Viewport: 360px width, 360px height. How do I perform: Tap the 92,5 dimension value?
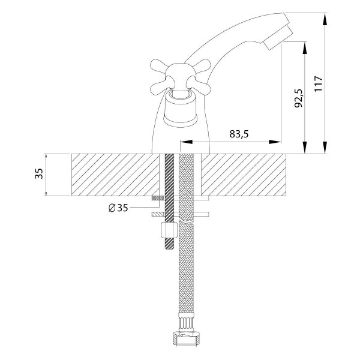298,98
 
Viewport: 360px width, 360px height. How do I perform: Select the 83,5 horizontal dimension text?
239,134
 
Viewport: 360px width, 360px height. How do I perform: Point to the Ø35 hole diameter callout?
118,208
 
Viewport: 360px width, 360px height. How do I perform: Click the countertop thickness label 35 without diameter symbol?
39,175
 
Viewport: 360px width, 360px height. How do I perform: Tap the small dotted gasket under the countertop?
158,198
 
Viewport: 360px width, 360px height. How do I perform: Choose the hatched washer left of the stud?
157,213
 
